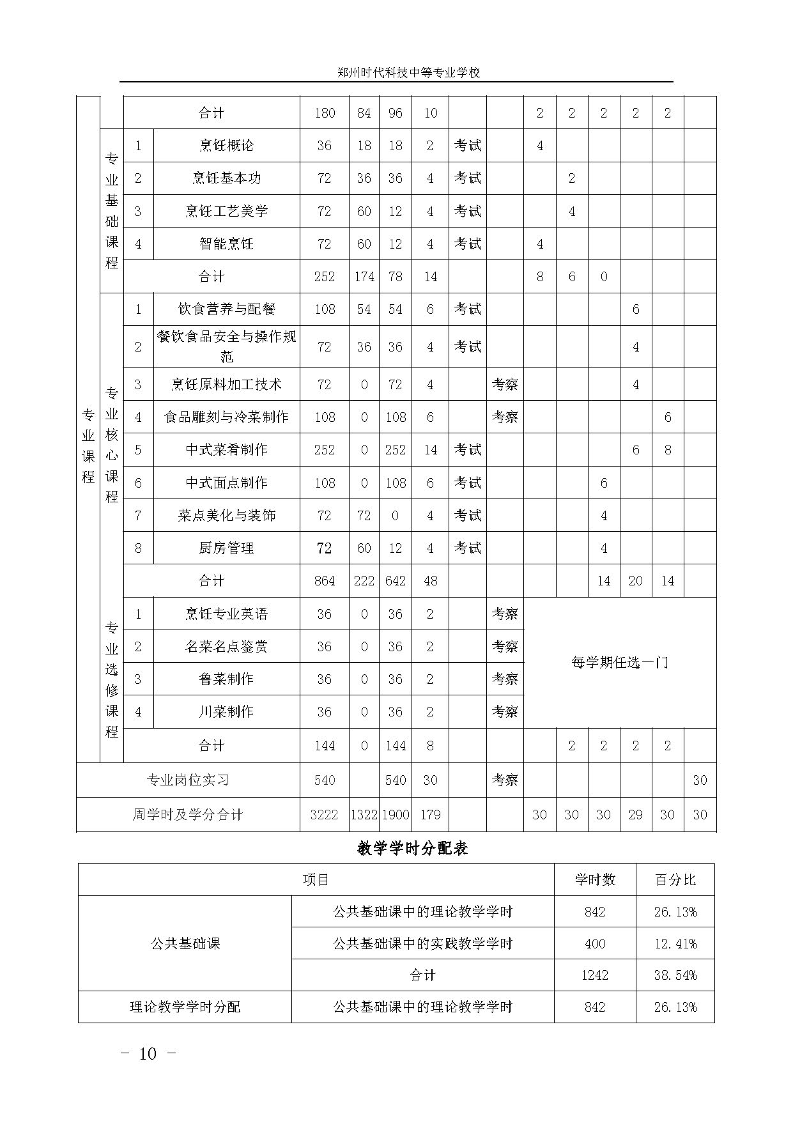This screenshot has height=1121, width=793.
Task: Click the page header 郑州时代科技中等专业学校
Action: (x=408, y=73)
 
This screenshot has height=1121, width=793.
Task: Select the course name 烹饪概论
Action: (x=226, y=146)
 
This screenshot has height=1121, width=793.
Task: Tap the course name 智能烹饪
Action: (x=226, y=244)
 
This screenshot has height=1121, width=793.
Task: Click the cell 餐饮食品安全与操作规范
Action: (x=226, y=346)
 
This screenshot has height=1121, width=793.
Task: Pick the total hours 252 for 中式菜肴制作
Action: (x=325, y=450)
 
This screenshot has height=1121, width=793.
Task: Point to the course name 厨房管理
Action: (x=226, y=548)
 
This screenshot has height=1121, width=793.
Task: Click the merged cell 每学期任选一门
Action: (x=619, y=663)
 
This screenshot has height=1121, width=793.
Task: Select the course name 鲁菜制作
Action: (x=226, y=679)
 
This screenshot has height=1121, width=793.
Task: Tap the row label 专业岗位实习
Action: (x=188, y=780)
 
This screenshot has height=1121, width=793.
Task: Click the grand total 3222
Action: (x=325, y=815)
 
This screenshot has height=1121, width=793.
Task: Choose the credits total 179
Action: (x=430, y=815)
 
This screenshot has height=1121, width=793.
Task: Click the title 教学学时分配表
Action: (x=412, y=849)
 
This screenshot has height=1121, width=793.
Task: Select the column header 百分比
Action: (x=675, y=880)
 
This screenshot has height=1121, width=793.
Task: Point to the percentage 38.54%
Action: (x=675, y=975)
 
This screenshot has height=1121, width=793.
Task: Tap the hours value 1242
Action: (x=595, y=975)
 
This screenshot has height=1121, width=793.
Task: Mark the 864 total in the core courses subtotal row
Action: (x=325, y=581)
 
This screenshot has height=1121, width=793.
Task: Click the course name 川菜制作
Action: (x=226, y=711)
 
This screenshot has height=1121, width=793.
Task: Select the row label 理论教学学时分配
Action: (x=185, y=1007)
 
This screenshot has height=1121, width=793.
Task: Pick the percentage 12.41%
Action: (x=675, y=943)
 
